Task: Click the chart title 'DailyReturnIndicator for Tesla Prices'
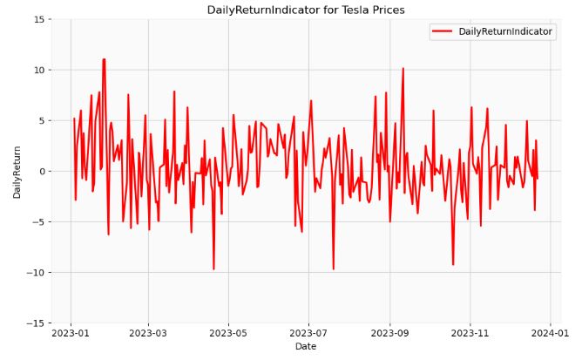306,10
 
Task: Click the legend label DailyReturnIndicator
505,31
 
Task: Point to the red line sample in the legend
443,31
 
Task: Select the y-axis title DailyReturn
17,172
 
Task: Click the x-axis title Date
306,347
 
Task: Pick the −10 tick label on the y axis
40,273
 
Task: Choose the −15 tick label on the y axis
40,323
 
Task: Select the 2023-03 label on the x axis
147,333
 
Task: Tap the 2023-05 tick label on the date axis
228,333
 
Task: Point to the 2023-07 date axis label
308,333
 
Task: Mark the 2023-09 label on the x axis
390,333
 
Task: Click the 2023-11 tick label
470,333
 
